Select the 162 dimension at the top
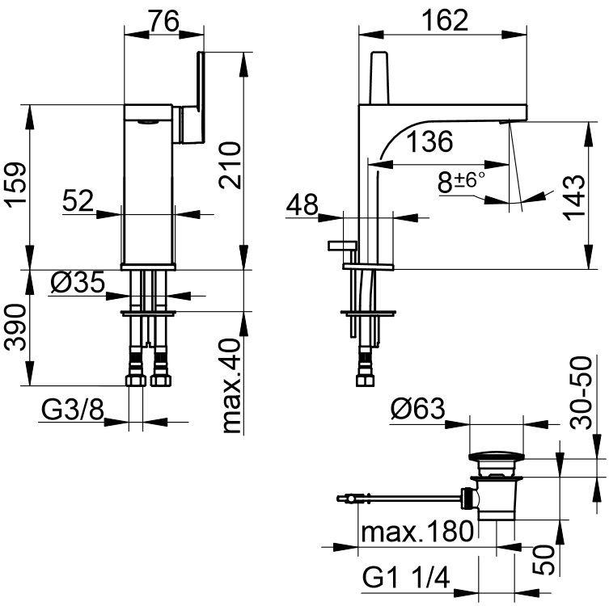446,19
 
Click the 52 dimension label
79,201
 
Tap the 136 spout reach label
428,142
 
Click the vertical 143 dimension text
572,200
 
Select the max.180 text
417,532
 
